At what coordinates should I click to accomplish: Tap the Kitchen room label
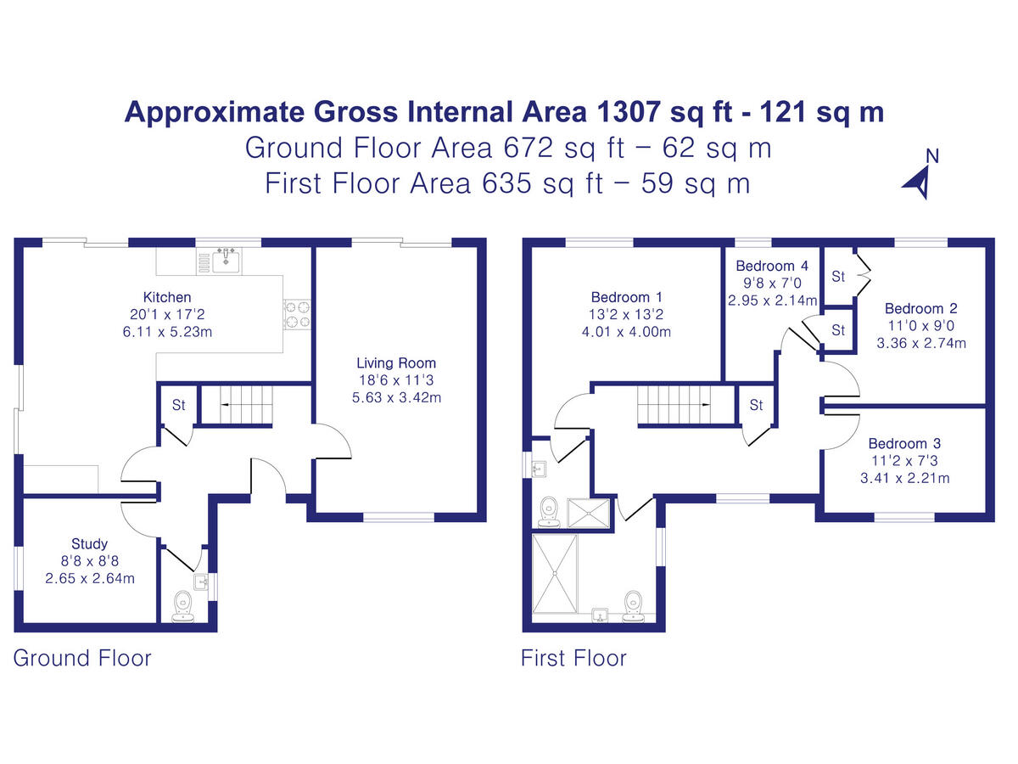(x=167, y=297)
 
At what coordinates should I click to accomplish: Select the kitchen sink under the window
(x=227, y=260)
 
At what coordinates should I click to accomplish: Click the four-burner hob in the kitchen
(x=297, y=314)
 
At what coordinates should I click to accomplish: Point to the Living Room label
(x=396, y=363)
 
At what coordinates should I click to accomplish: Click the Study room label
(x=89, y=544)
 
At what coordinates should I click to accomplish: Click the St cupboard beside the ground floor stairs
(x=178, y=405)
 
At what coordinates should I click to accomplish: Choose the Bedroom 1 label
(x=626, y=297)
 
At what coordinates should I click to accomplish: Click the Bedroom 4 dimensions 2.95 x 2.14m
(x=772, y=300)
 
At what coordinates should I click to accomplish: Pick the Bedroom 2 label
(x=914, y=309)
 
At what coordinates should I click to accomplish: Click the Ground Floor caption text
(x=82, y=658)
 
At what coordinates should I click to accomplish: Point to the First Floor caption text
(x=573, y=658)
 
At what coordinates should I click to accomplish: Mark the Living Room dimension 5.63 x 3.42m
(x=396, y=397)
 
